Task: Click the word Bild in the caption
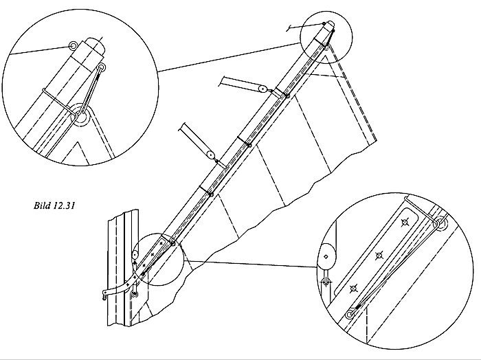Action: (42, 205)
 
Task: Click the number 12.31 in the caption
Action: (64, 205)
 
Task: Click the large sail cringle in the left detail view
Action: (81, 115)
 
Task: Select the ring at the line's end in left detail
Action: (73, 46)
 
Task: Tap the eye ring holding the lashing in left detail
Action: (102, 67)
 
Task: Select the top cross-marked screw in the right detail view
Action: (405, 223)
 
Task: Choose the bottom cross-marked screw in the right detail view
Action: (354, 288)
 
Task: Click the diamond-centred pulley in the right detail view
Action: (326, 257)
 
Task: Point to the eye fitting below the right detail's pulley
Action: (326, 281)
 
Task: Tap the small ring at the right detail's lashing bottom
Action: (349, 315)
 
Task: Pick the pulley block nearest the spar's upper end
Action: (262, 89)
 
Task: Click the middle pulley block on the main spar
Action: (210, 155)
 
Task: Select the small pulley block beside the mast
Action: (135, 254)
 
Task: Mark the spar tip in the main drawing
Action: (330, 24)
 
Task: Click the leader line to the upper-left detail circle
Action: (229, 57)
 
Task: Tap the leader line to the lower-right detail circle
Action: (250, 264)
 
